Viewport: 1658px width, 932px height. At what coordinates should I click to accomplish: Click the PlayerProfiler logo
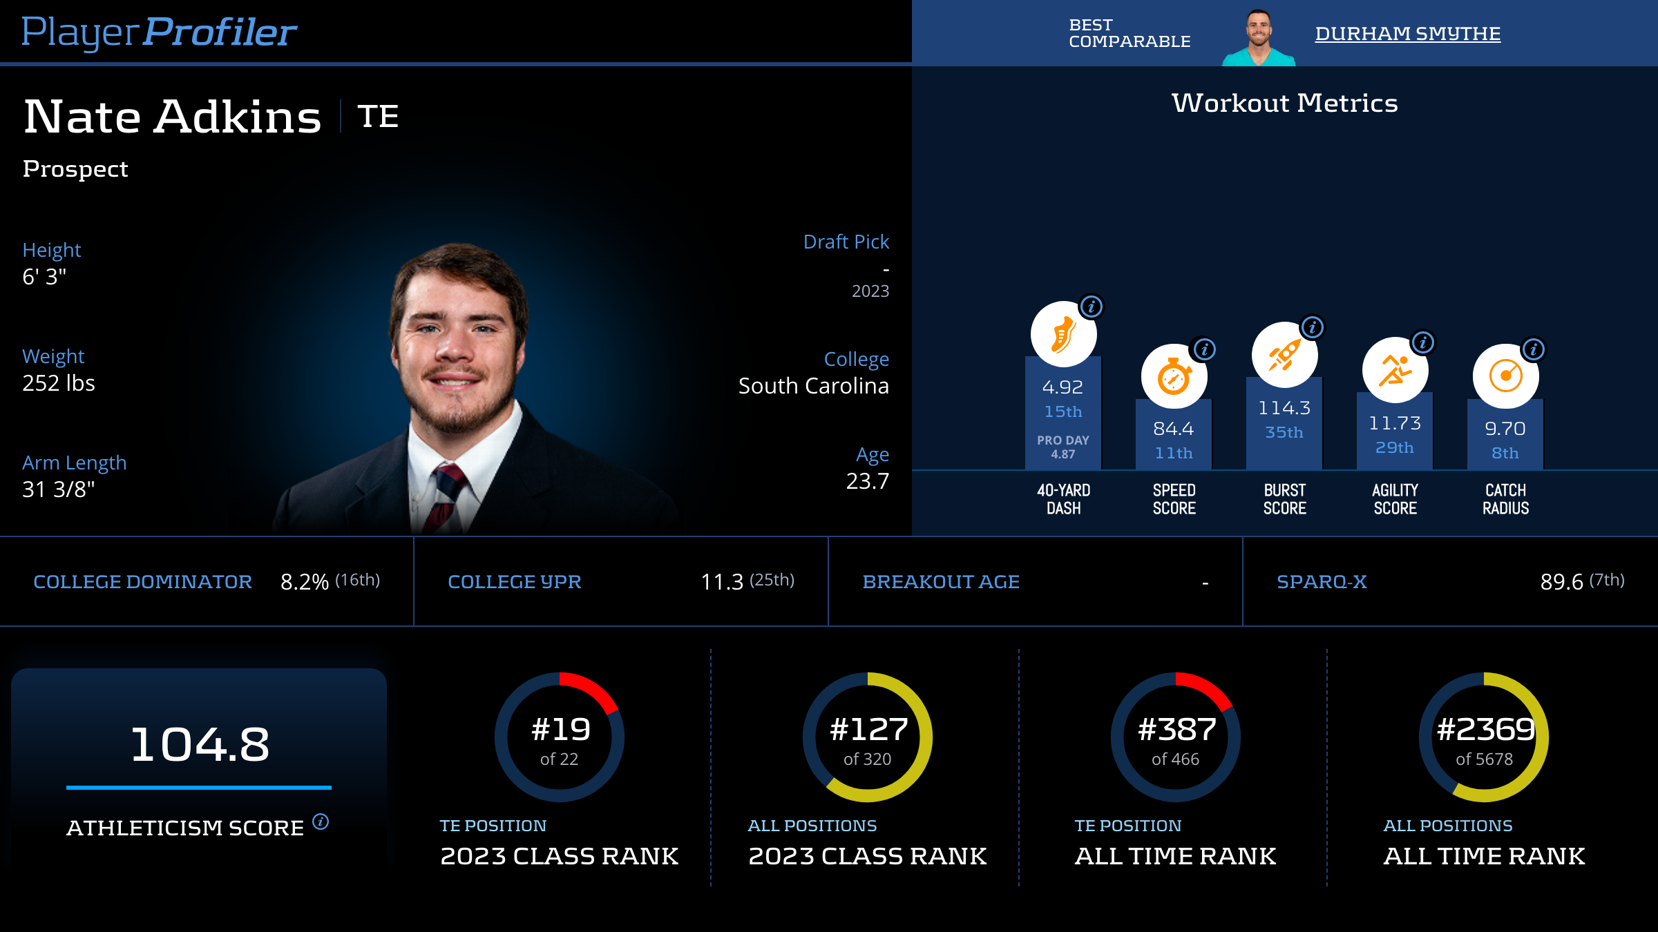pos(159,32)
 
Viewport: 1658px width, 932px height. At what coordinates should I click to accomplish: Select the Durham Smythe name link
pos(1407,33)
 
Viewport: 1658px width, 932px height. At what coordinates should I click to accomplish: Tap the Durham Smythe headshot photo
pos(1259,38)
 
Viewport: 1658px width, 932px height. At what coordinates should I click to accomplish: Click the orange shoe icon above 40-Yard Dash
pos(1063,334)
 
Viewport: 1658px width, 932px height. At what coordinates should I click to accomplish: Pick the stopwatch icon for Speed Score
pos(1174,377)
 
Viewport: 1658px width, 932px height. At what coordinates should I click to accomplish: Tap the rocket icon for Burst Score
pos(1284,355)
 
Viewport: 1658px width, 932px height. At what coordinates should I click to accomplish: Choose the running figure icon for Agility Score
pos(1395,370)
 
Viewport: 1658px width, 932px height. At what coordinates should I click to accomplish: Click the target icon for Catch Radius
pos(1505,377)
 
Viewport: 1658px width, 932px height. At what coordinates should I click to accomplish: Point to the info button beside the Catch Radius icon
pos(1534,349)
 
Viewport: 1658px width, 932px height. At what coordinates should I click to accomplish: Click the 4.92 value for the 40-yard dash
pos(1063,387)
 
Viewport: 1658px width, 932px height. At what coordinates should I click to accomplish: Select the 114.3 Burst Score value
pos(1284,408)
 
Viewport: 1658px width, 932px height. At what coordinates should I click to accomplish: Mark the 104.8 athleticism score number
pos(200,744)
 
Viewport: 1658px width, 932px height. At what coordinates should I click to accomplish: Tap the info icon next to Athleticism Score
pos(321,822)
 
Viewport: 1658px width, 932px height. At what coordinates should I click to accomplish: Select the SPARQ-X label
pos(1322,582)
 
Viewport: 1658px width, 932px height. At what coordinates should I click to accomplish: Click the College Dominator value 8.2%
pos(305,582)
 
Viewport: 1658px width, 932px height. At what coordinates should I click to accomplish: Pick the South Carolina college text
pos(813,386)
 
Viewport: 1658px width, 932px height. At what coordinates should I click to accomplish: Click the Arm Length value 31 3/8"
pos(59,489)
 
